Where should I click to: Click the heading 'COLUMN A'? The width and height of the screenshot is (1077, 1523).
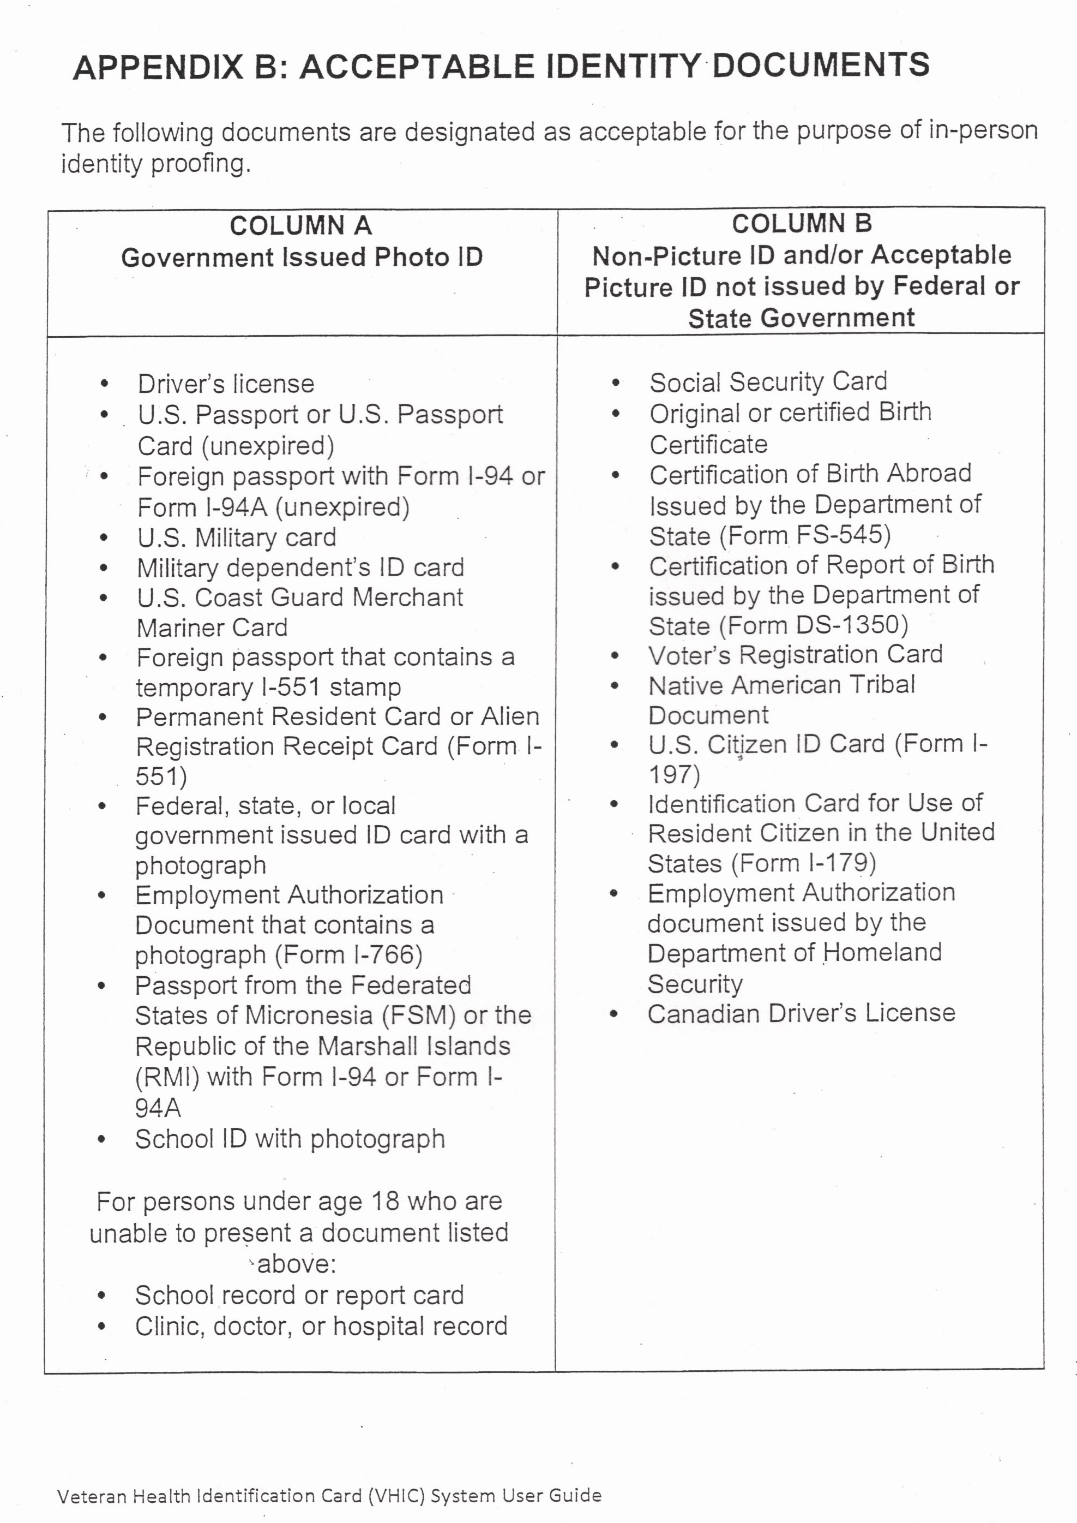300,226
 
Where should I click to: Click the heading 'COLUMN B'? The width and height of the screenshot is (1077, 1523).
801,224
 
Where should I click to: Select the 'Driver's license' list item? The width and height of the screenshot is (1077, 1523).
225,384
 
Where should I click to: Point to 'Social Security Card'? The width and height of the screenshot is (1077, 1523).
768,382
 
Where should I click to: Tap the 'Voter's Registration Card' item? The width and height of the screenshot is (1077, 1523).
795,655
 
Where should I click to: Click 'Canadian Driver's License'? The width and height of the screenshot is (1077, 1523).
801,1013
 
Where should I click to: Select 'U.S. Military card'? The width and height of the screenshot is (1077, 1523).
237,537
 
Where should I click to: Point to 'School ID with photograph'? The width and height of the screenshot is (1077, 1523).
290,1139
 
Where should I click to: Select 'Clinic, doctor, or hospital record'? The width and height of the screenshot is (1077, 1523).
321,1327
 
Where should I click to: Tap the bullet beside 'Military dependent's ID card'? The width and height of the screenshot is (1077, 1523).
104,568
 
